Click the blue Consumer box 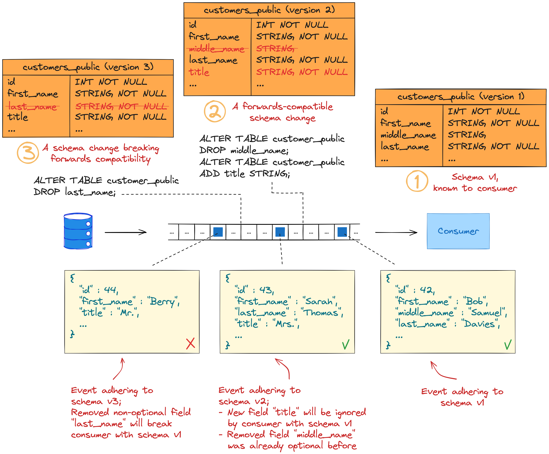tap(458, 231)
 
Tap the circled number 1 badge tap(417, 181)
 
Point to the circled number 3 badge tap(28, 152)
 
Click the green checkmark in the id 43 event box tap(346, 345)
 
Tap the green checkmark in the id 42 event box tap(508, 345)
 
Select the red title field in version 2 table tap(199, 72)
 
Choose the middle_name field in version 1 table tap(408, 135)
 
